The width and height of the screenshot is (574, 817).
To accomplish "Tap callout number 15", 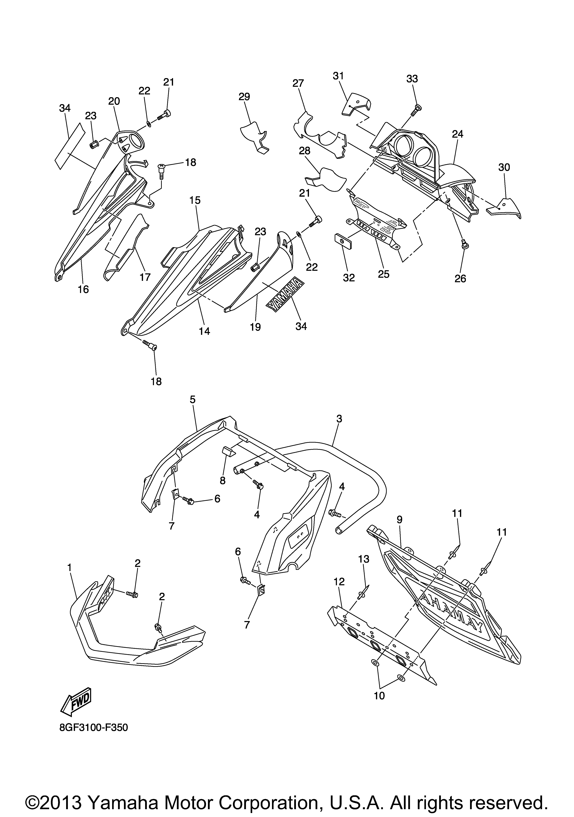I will (195, 200).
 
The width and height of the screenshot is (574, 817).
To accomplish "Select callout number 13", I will (364, 559).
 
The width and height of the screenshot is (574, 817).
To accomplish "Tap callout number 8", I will (222, 481).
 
